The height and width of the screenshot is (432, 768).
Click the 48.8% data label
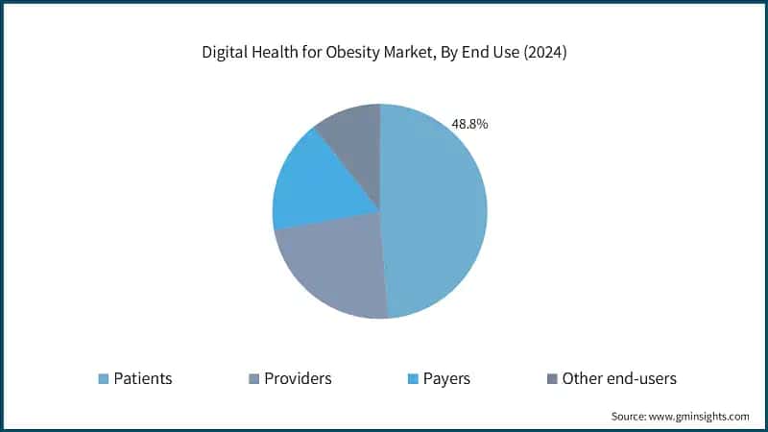tap(469, 124)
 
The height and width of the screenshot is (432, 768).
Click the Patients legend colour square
tap(103, 378)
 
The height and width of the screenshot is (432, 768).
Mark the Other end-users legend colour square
tap(551, 378)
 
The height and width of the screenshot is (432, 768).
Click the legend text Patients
tap(143, 378)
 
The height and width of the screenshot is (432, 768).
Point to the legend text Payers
tap(445, 378)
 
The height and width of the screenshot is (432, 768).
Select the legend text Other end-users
tap(619, 378)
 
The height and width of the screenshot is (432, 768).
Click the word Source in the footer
tap(630, 417)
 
